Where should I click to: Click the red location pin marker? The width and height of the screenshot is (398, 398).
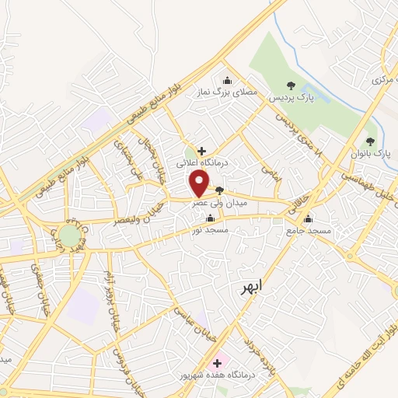[x=200, y=184]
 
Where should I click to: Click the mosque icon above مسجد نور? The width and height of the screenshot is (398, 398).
[x=211, y=218]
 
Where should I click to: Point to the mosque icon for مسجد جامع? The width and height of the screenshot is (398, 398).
[x=309, y=218]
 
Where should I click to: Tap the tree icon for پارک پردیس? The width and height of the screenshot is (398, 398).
[x=291, y=86]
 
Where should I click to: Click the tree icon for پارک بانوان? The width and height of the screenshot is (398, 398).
[x=369, y=142]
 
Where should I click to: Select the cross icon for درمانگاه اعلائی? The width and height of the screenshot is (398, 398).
[x=201, y=150]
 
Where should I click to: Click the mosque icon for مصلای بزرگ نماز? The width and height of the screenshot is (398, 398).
[x=226, y=79]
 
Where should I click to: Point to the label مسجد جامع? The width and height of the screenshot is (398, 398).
[x=309, y=232]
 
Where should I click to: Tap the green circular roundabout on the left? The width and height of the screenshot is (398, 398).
[x=69, y=236]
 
